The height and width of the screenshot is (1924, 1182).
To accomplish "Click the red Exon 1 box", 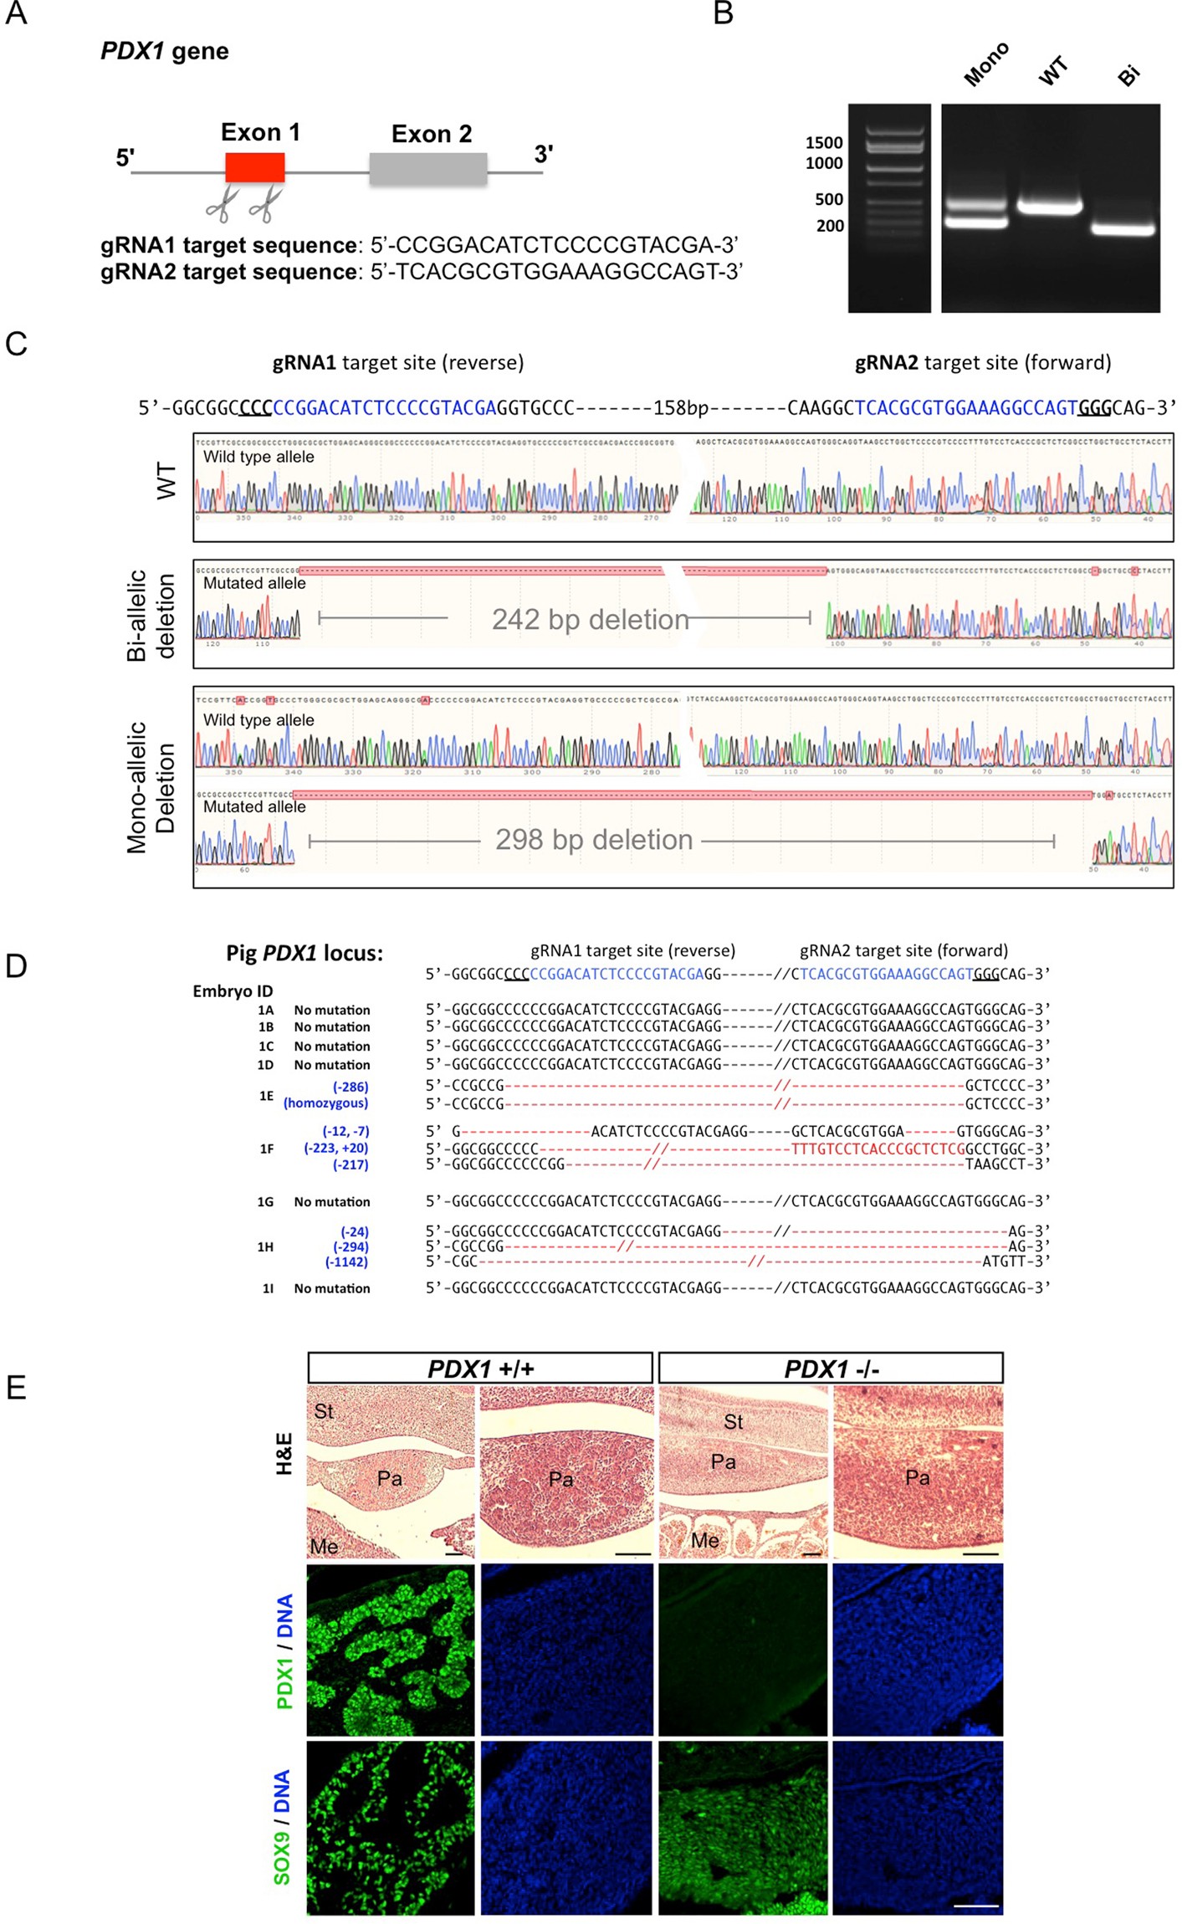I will point(255,167).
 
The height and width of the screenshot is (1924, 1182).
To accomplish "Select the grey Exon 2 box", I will point(428,168).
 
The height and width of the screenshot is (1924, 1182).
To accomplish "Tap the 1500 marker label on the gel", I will point(824,143).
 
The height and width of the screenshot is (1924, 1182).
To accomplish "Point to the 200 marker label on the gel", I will point(830,226).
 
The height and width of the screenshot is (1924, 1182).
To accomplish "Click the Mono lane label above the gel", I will point(986,64).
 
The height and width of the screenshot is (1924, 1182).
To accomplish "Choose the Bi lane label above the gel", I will point(1128,75).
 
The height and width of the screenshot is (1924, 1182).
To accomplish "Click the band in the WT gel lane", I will point(1050,206).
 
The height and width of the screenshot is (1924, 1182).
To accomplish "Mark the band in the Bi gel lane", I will point(1123,228).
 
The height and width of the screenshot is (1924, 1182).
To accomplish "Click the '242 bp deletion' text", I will point(590,620).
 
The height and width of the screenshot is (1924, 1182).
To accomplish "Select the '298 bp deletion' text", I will point(594,840).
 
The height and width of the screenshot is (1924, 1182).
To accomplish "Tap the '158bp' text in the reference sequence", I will point(680,408).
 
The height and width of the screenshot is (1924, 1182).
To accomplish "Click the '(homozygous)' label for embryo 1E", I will point(325,1103).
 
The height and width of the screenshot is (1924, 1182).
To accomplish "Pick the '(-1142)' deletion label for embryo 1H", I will point(346,1262).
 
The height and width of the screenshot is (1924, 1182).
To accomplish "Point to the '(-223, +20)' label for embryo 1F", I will point(335,1149).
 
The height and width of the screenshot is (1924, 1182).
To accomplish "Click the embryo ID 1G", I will point(265,1202).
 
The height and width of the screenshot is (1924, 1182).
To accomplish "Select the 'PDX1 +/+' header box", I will point(480,1369).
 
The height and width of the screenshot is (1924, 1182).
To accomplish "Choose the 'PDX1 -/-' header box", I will point(831,1369).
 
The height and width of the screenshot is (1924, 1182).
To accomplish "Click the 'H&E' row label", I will point(284,1453).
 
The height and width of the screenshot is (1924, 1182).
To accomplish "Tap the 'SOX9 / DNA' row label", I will point(282,1828).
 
